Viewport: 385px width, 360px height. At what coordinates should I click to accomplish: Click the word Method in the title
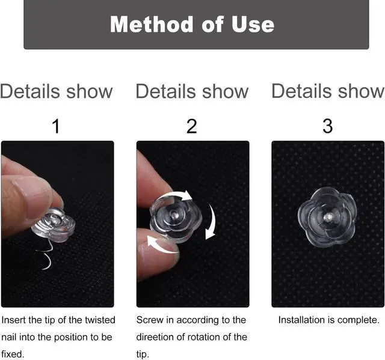pyautogui.click(x=151, y=24)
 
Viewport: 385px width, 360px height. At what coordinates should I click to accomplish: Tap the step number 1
pyautogui.click(x=56, y=126)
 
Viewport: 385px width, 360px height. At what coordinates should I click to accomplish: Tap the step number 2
pyautogui.click(x=192, y=126)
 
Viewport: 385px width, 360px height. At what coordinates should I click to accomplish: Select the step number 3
pyautogui.click(x=328, y=126)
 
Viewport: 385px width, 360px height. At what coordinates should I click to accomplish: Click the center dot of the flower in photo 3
pyautogui.click(x=328, y=217)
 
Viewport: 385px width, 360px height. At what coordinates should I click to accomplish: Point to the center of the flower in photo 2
pyautogui.click(x=174, y=213)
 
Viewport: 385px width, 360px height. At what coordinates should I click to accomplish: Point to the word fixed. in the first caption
pyautogui.click(x=13, y=354)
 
